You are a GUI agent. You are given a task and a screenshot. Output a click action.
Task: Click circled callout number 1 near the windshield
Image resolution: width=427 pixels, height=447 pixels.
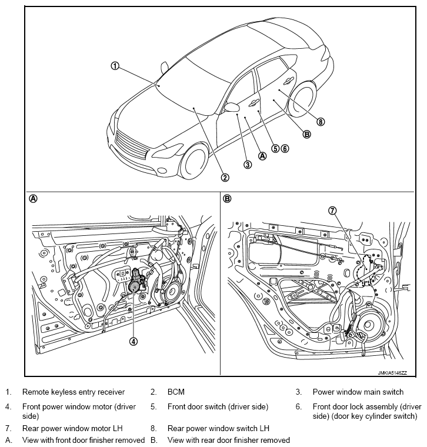point(115,66)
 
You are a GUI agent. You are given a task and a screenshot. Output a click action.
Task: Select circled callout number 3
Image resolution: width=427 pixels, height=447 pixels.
point(248,165)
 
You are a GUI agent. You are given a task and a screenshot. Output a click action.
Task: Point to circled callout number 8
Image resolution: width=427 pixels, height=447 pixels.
point(320,122)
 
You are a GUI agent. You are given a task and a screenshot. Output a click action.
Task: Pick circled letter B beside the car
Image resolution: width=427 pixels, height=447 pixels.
point(306,134)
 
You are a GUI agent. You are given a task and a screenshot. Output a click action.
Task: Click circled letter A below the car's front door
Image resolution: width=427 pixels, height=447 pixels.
point(262,156)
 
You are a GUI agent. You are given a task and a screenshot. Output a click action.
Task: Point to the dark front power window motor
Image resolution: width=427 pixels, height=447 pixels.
point(136,282)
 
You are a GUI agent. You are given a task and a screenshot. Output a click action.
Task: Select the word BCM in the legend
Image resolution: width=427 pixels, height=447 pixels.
point(176,392)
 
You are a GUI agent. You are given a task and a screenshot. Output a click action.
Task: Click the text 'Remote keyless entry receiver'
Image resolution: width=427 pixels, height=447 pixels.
point(73,392)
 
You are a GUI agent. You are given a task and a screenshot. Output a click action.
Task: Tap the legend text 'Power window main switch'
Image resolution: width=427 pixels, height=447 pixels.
point(358,392)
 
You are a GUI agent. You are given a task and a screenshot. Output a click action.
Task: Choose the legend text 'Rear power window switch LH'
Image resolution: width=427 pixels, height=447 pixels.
point(218,429)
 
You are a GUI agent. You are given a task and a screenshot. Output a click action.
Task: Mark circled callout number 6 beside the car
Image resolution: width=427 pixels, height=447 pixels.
point(285,148)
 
